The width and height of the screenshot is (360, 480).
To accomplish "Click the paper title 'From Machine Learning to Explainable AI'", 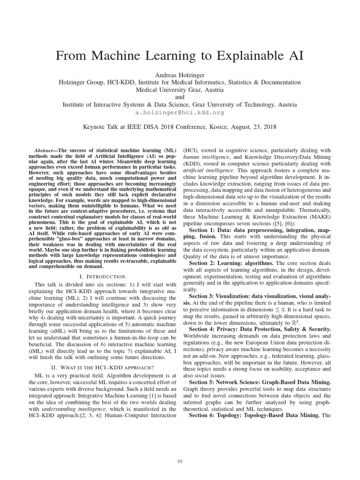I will coord(180,56).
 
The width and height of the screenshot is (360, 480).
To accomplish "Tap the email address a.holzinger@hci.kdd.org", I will coord(180,112).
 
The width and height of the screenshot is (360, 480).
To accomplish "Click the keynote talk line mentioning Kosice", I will coord(180,127).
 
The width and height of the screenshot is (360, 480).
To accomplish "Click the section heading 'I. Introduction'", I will coord(96,277).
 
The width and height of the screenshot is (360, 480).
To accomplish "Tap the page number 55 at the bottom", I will coord(180,449).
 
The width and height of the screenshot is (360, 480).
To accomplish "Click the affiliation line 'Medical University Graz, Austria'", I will coord(180,90).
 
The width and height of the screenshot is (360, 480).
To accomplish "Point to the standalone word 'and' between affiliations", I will coord(180,97).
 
